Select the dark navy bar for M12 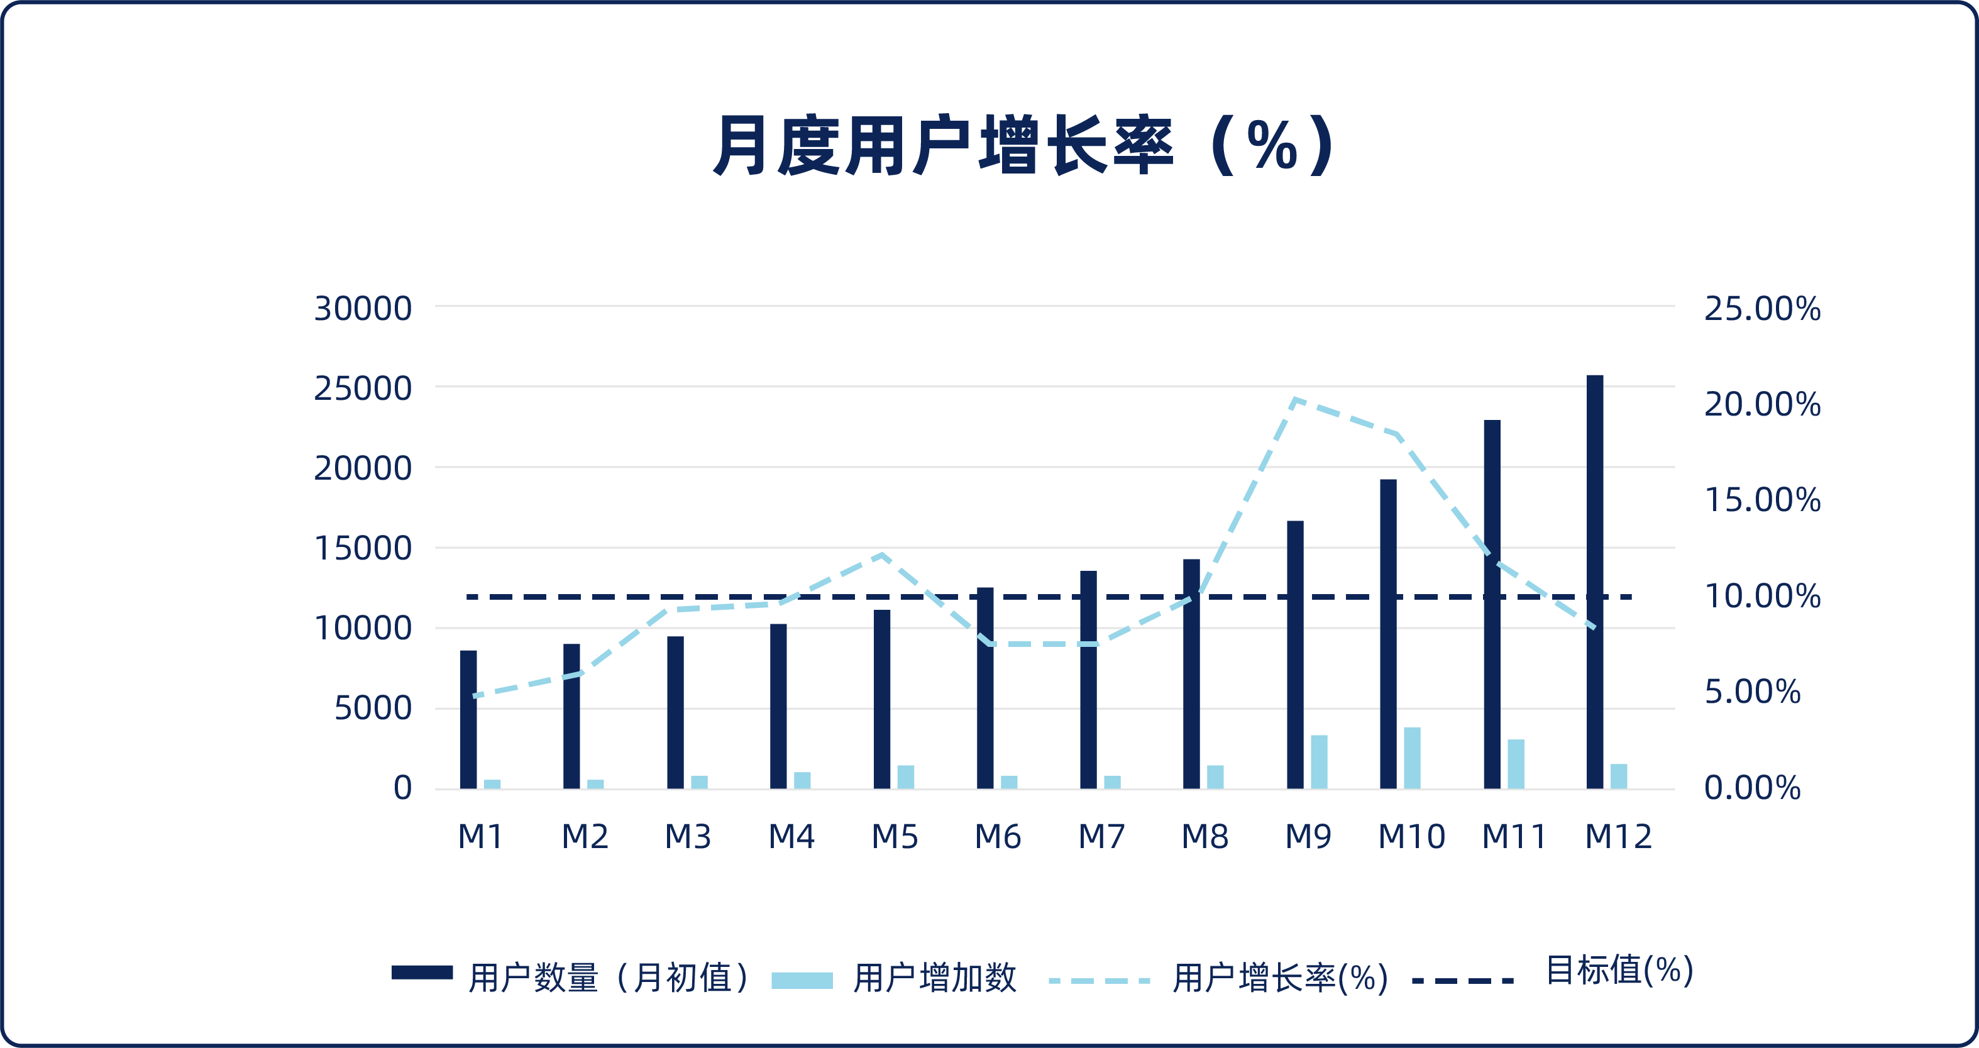point(1595,582)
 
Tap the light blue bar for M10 point(1412,758)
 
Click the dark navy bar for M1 point(468,719)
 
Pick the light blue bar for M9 point(1319,761)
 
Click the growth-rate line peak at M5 point(882,554)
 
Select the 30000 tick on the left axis point(363,309)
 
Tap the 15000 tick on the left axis point(363,549)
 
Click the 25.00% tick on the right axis point(1761,309)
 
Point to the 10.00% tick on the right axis point(1761,596)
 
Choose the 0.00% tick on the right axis point(1751,788)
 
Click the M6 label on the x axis point(997,837)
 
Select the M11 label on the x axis point(1513,837)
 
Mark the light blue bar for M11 point(1516,764)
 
